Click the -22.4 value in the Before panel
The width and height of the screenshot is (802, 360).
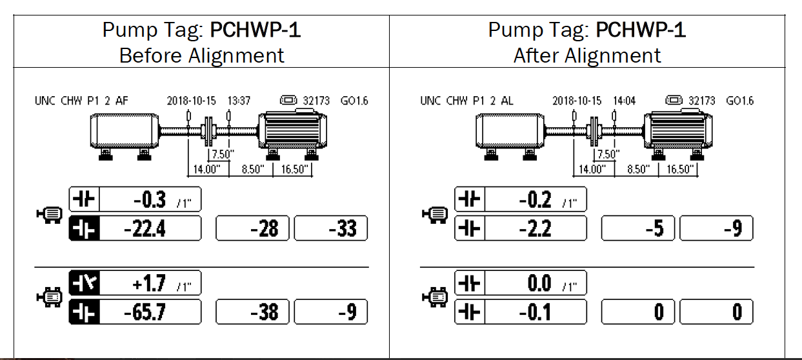(149, 228)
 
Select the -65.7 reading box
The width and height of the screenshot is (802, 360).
(149, 312)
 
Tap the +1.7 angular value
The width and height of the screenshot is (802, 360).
(150, 283)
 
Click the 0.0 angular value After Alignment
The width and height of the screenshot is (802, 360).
(539, 283)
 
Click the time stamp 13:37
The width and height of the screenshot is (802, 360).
(239, 101)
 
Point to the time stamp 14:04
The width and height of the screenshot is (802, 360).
(624, 101)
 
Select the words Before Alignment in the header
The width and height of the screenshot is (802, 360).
(202, 55)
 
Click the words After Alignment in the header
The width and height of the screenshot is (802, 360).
(587, 55)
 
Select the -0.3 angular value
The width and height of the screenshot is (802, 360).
(150, 200)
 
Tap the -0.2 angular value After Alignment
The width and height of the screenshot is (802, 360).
(536, 200)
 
